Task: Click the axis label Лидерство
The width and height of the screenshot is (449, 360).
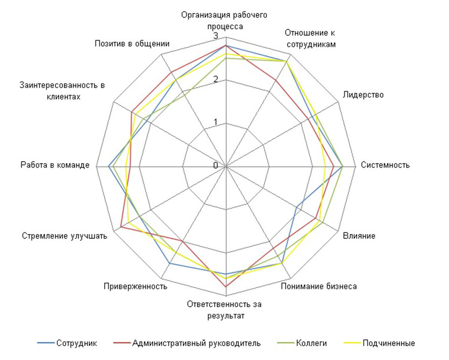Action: [x=363, y=94]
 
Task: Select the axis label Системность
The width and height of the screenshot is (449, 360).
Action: [x=385, y=165]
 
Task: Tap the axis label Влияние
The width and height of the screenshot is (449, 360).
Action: [x=359, y=236]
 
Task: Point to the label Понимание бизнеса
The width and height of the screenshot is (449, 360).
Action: [x=319, y=286]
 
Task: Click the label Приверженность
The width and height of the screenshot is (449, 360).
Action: [x=136, y=286]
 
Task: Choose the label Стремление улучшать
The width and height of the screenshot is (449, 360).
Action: [x=65, y=236]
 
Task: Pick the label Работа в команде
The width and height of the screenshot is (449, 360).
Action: [x=55, y=165]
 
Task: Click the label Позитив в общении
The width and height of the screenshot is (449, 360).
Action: [x=132, y=43]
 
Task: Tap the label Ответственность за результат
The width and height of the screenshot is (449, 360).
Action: [x=224, y=310]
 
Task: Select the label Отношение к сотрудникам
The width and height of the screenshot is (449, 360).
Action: [x=310, y=38]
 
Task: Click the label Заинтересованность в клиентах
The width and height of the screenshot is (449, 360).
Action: [x=62, y=91]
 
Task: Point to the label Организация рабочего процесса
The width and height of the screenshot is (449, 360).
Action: [x=224, y=21]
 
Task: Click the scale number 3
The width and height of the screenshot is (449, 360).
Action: [x=216, y=36]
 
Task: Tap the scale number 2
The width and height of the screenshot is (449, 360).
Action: [x=216, y=79]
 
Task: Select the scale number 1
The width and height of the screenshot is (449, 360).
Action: [x=216, y=122]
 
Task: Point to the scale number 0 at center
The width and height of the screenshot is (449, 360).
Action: [x=216, y=165]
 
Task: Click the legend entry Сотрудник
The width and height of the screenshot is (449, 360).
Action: [x=67, y=343]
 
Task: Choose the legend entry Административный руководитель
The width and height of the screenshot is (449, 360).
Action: [x=187, y=343]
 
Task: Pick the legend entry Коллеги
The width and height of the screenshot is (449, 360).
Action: [x=302, y=343]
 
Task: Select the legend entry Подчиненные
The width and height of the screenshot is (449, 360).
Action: [x=379, y=343]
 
